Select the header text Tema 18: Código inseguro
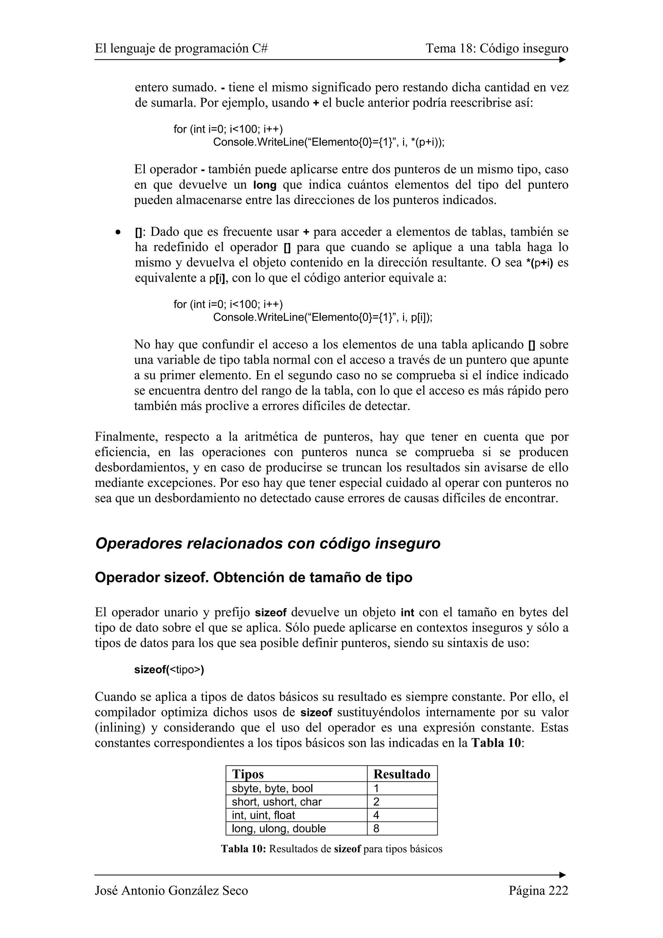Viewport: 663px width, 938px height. click(497, 49)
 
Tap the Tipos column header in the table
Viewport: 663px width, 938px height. click(248, 774)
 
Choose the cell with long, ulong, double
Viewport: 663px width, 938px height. click(279, 829)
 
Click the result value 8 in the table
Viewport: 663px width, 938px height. click(376, 829)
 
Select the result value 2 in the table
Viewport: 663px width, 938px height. click(376, 801)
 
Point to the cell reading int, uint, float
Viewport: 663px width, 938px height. click(264, 815)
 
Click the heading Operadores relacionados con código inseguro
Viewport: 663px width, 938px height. click(268, 544)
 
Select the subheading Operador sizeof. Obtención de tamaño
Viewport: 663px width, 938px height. click(253, 578)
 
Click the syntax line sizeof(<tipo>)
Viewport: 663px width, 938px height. click(169, 670)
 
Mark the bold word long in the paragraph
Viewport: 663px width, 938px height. click(265, 185)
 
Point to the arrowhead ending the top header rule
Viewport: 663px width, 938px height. click(563, 60)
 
